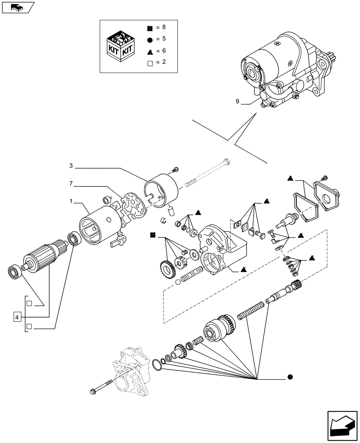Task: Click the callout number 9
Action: (238, 102)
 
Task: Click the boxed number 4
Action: (17, 317)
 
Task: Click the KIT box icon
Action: (120, 46)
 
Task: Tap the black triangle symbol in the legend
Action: (149, 51)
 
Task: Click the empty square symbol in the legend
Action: (149, 62)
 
